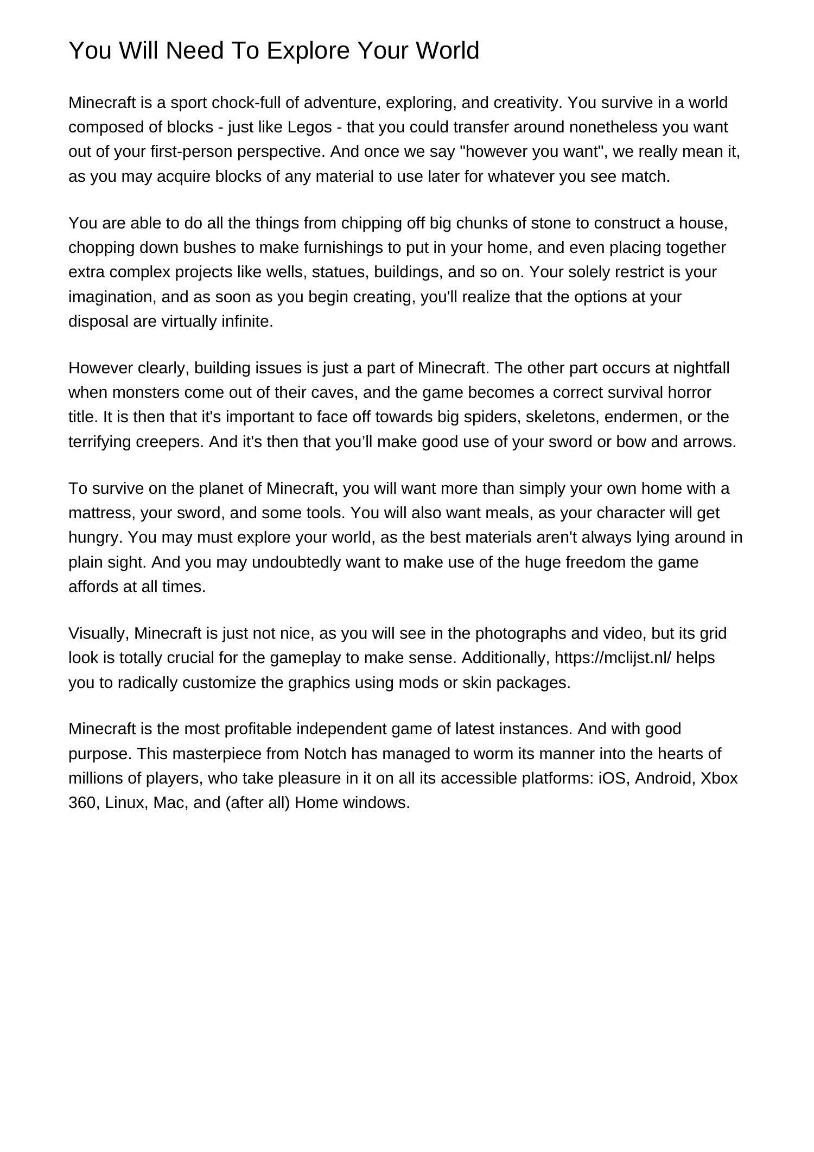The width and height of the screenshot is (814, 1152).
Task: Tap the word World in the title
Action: tap(448, 50)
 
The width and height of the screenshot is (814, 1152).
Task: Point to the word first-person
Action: tap(190, 151)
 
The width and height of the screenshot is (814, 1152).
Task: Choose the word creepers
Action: tap(170, 442)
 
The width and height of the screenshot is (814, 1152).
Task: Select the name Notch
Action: tap(325, 754)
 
